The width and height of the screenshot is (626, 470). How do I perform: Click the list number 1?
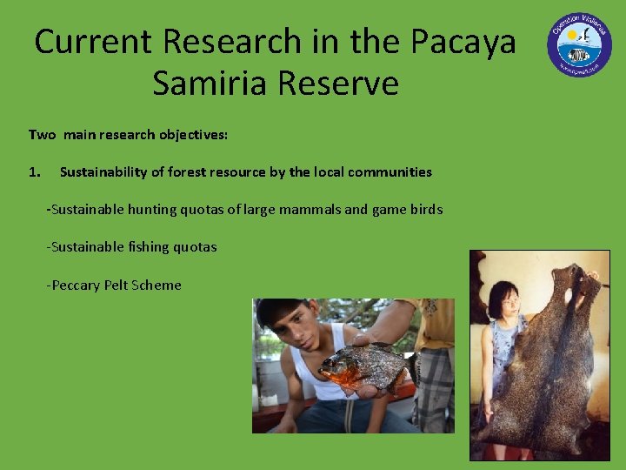[x=34, y=172]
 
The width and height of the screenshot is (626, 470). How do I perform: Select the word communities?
[x=390, y=172]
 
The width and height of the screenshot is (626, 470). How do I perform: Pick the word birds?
[x=425, y=210]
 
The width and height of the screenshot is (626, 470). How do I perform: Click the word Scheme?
[x=158, y=285]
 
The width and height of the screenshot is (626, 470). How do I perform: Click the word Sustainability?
[x=104, y=172]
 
